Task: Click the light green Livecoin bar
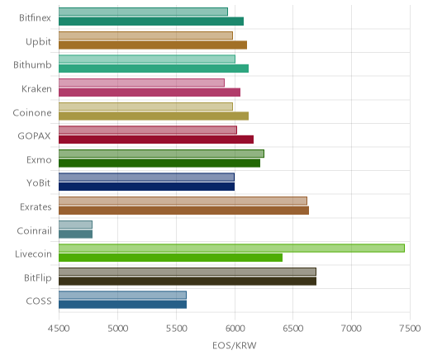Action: (231, 248)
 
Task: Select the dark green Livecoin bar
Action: (170, 258)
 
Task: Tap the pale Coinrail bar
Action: (75, 225)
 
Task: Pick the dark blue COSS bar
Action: (122, 305)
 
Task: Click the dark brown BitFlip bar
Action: (188, 281)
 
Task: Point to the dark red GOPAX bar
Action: (156, 140)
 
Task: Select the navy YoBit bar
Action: (146, 187)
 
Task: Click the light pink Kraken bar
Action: (141, 83)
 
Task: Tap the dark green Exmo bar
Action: (159, 163)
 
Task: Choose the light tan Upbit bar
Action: (145, 36)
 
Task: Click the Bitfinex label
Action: (35, 18)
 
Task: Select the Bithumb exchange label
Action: (32, 65)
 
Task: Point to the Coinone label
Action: (32, 112)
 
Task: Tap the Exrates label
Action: (36, 206)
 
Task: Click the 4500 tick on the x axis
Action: (59, 329)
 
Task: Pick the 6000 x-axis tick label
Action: (235, 329)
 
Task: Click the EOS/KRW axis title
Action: (235, 345)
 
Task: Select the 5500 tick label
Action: (176, 329)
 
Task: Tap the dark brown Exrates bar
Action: (183, 211)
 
